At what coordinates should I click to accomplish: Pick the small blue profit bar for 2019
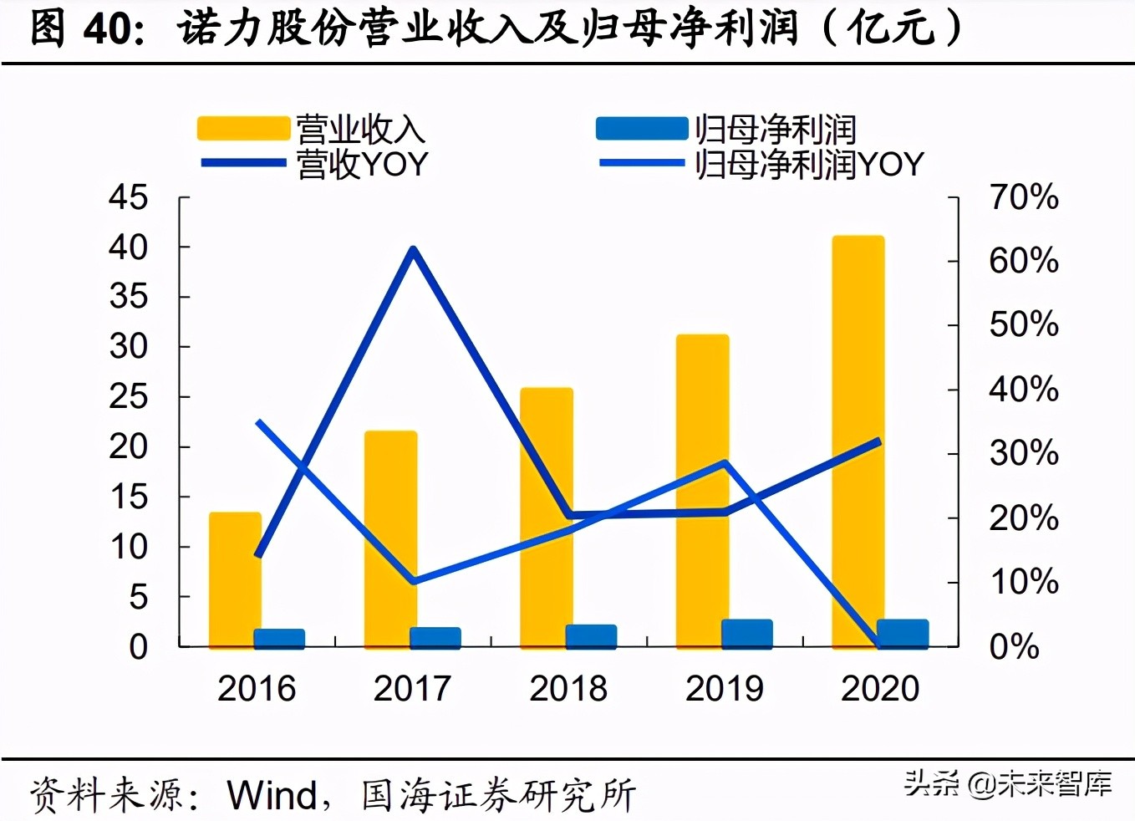tap(746, 634)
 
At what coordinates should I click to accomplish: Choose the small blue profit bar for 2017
tap(435, 637)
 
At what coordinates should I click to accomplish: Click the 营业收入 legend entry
tap(311, 129)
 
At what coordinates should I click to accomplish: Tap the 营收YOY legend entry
tap(314, 164)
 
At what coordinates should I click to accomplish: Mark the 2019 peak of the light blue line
tap(725, 462)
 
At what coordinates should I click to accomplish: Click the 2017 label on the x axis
tap(412, 689)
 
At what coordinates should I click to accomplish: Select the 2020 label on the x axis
tap(879, 689)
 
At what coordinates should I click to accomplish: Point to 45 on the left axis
tap(128, 197)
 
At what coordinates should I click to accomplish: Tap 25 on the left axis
tap(128, 397)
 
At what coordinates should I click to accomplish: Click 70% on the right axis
tap(1023, 197)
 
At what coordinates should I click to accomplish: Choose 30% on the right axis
tap(1023, 453)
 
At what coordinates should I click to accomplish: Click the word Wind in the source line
tap(272, 794)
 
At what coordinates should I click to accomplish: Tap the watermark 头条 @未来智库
tap(1007, 783)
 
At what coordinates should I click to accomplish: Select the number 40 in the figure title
tap(108, 28)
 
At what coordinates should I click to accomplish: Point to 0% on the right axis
tap(1014, 646)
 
